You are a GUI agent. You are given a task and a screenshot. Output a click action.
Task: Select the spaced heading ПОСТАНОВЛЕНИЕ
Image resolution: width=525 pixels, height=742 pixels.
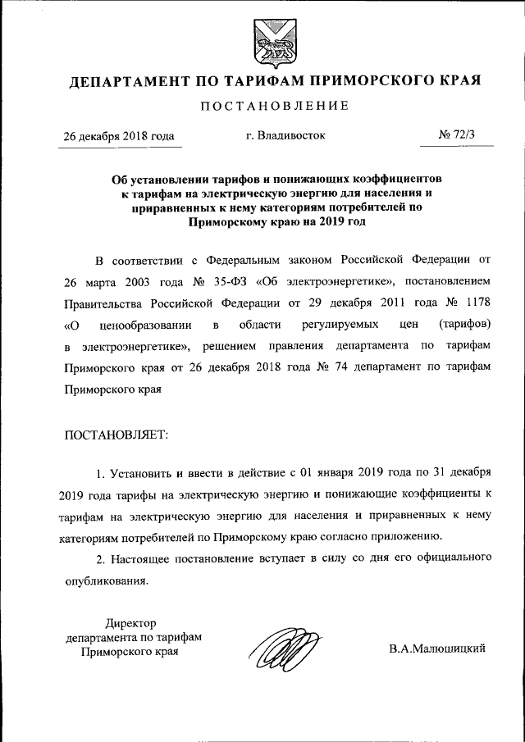click(275, 106)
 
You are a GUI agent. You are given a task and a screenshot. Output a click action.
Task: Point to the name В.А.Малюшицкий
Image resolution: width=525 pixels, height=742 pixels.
click(437, 649)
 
